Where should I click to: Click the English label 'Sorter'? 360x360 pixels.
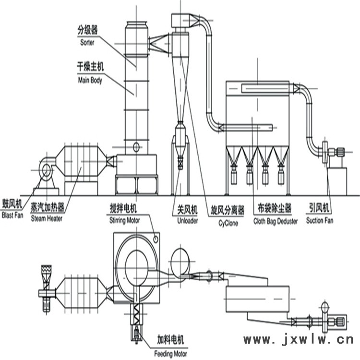87,42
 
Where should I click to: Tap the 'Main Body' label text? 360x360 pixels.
90,80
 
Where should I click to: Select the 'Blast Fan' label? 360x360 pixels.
12,216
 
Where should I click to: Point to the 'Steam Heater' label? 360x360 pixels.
47,218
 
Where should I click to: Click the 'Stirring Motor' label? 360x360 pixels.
125,220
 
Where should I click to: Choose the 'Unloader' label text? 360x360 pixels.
187,221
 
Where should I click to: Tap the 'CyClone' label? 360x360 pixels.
228,223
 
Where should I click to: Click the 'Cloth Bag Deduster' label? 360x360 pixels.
276,221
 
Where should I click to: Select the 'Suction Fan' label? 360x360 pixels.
320,220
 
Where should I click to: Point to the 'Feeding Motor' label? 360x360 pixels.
170,354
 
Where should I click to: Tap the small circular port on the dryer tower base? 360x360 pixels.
136,147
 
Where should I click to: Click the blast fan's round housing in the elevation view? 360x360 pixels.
47,170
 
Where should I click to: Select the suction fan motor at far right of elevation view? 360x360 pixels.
340,152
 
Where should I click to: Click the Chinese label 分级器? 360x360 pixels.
87,30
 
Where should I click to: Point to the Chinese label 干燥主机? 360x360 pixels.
90,67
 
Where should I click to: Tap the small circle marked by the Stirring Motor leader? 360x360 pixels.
156,240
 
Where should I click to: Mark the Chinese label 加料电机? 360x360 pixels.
170,339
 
